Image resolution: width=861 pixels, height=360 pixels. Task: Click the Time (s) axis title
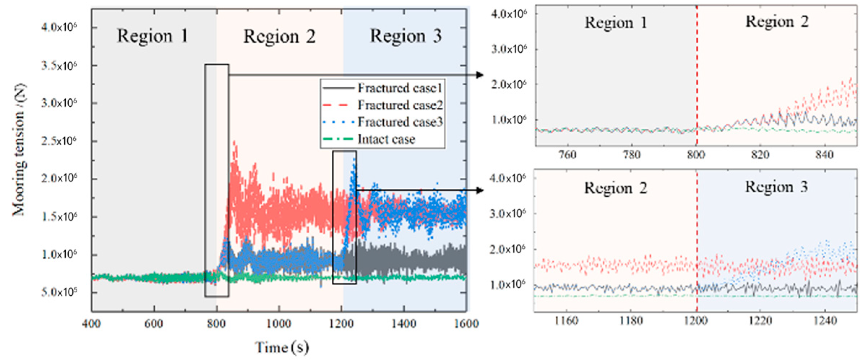point(282,347)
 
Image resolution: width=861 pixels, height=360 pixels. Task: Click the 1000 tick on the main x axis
point(279,323)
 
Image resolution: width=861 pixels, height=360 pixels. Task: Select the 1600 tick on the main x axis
point(466,323)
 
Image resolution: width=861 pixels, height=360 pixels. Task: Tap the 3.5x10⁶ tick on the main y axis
point(59,66)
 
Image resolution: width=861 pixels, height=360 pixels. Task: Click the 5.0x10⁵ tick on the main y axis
point(59,292)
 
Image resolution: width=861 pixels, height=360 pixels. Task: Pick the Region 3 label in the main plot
point(405,36)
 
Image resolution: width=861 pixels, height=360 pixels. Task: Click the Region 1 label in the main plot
point(152,36)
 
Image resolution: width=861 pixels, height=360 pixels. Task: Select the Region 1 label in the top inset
point(616,23)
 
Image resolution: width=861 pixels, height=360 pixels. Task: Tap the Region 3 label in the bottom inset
point(776,187)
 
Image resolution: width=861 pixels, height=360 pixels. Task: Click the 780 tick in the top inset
point(632,155)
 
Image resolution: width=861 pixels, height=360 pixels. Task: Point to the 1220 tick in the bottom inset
point(760,321)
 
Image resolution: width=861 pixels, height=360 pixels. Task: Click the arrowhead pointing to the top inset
point(480,75)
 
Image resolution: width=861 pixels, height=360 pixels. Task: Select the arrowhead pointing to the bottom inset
point(480,190)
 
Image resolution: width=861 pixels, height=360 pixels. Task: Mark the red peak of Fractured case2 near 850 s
point(235,143)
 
